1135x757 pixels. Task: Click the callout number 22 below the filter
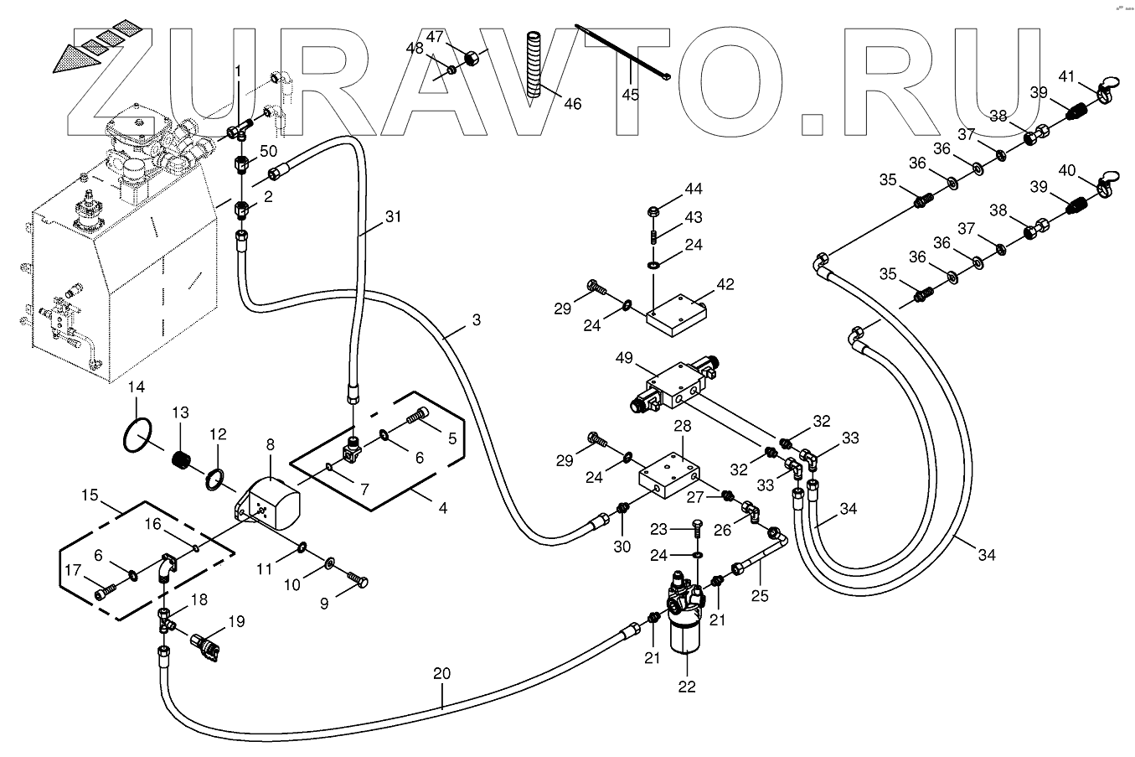tap(687, 687)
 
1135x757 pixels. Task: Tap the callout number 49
tap(623, 357)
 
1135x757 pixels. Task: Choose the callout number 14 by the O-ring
tap(137, 387)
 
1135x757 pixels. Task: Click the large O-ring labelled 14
tap(137, 435)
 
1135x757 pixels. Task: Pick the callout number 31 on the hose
tap(393, 216)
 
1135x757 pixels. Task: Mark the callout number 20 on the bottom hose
tap(441, 672)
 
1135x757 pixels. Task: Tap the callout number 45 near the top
tap(630, 94)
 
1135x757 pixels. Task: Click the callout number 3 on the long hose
tap(476, 319)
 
